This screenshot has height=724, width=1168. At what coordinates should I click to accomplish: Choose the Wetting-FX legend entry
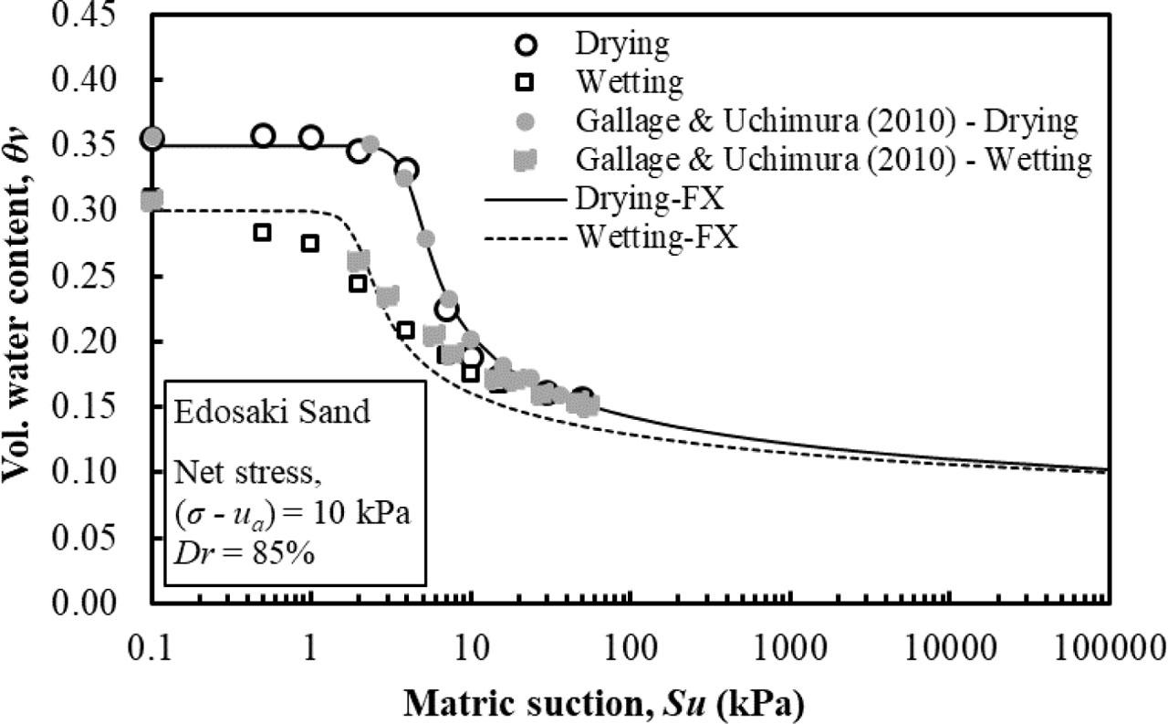pos(656,238)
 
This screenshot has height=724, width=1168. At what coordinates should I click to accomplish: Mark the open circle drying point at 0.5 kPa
pos(263,135)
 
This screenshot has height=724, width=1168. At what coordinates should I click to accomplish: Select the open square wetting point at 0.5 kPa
pos(262,232)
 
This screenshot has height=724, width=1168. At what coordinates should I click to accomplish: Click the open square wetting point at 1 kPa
pos(310,243)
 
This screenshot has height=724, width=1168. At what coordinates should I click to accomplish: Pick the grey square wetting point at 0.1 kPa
pos(151,200)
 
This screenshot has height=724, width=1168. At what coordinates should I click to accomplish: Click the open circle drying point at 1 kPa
pos(310,137)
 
